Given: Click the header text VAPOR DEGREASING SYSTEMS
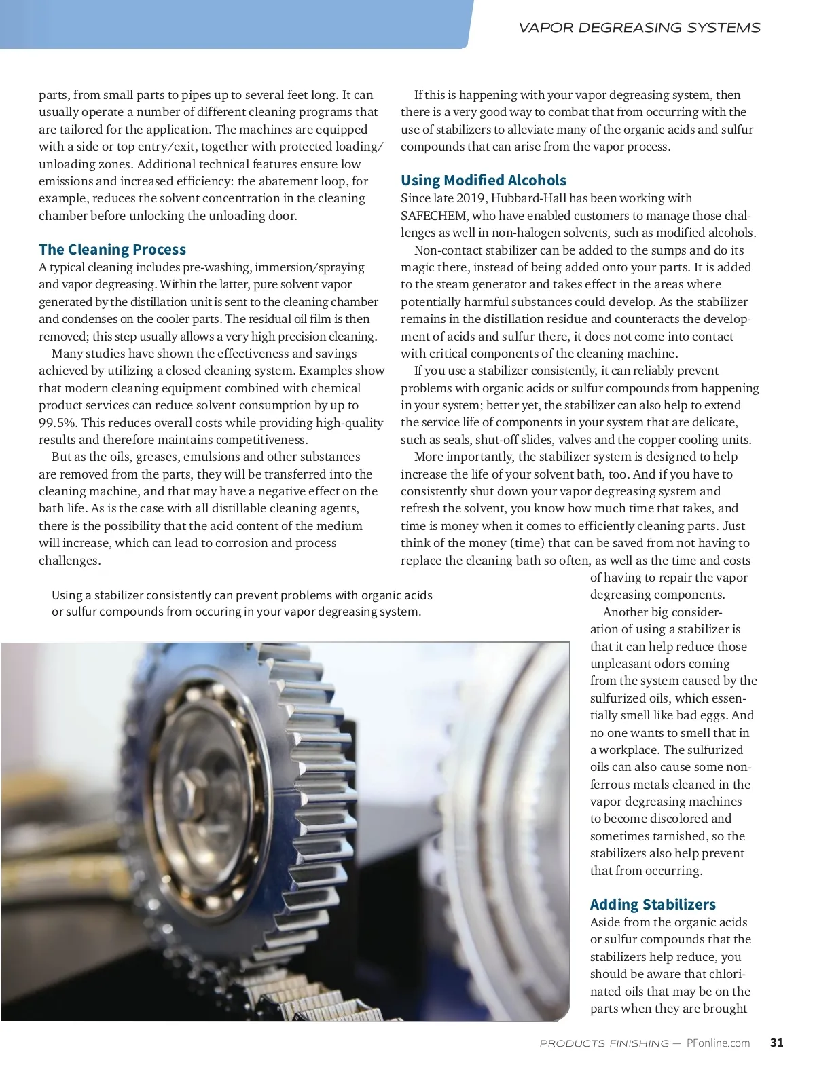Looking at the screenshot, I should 639,28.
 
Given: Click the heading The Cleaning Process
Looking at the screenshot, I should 112,249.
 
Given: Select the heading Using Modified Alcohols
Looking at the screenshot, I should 483,180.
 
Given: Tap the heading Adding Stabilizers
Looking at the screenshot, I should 652,904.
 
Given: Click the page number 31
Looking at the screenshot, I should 777,1043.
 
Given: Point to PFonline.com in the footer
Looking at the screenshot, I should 718,1043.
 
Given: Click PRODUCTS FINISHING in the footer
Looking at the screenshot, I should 604,1043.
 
